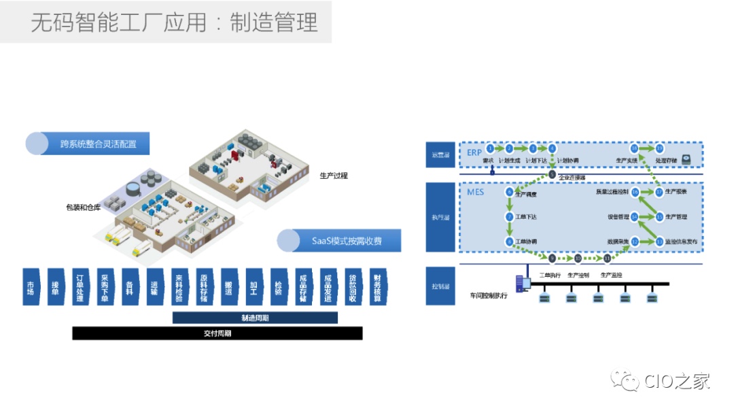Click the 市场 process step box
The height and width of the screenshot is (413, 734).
31,286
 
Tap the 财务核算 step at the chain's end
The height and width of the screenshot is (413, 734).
376,286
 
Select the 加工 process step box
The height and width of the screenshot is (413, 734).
253,286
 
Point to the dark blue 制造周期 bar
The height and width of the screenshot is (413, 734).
255,318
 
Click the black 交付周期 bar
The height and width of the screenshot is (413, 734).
217,333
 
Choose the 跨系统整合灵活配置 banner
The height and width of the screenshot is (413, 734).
88,144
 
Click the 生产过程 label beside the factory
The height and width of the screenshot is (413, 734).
334,176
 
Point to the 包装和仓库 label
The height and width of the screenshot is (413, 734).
84,207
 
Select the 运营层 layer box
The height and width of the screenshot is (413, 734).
441,154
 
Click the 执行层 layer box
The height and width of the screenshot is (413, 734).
441,217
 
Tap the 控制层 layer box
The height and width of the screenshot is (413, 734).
441,278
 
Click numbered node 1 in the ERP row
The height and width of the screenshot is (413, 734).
489,148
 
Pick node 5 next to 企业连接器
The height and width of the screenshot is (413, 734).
552,175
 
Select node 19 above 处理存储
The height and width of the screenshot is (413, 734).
659,148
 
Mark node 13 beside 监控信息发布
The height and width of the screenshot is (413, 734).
659,242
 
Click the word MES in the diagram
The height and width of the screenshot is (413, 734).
476,193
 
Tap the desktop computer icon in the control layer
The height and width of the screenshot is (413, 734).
522,282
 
